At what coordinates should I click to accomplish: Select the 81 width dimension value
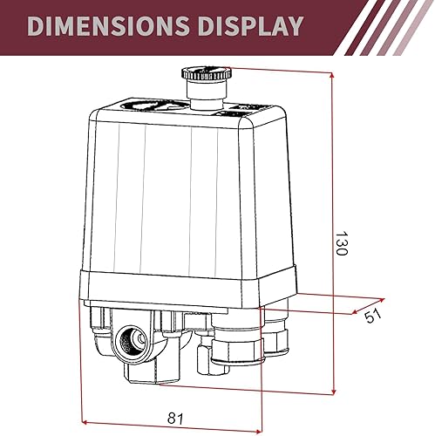coord(175,420)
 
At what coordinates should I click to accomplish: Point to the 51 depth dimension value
coord(374,317)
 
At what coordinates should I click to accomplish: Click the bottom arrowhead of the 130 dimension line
coord(334,393)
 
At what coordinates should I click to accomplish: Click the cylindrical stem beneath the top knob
coord(201,99)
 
